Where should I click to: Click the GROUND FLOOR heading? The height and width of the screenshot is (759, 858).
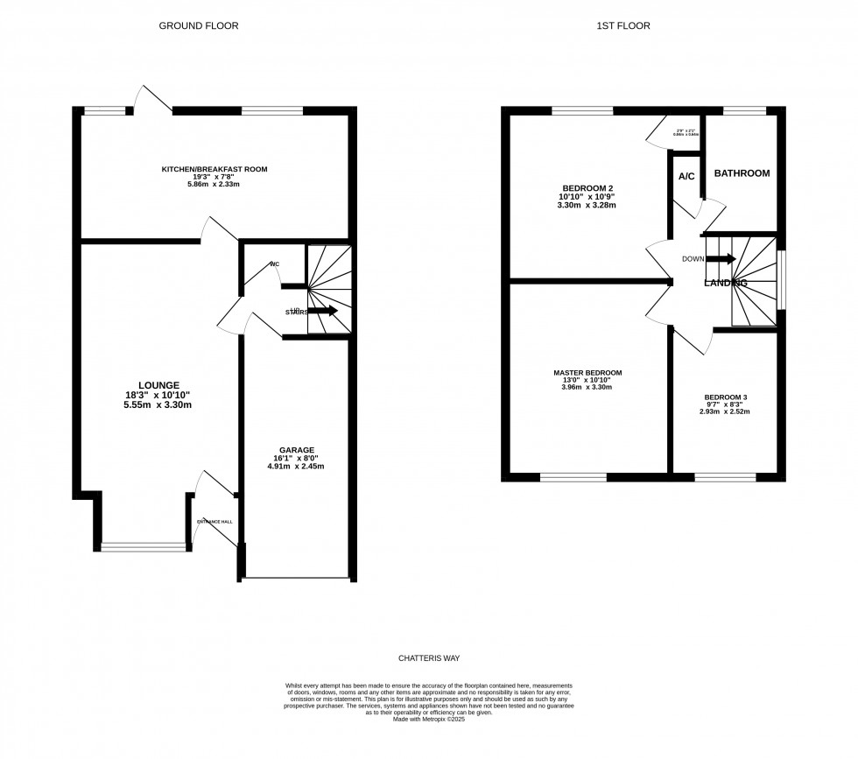point(198,26)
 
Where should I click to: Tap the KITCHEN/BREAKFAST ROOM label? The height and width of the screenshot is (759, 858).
point(214,169)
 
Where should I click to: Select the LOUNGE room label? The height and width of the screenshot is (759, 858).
point(158,385)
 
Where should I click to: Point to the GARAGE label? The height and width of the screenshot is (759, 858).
point(295,450)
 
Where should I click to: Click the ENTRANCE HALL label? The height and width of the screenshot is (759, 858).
point(214,522)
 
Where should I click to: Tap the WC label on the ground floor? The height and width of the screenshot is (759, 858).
point(275,264)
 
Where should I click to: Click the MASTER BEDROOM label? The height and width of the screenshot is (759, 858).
point(587,373)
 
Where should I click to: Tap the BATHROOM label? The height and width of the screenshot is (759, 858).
point(742,173)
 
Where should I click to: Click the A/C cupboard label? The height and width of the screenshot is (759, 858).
point(686,176)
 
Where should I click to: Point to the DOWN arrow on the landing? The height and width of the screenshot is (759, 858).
point(720,258)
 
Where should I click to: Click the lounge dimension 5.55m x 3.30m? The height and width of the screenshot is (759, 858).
point(158,404)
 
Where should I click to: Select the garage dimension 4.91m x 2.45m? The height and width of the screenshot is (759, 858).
point(295,467)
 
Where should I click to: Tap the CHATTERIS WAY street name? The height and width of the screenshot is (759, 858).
point(429,657)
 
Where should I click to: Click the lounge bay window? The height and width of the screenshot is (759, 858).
point(144,547)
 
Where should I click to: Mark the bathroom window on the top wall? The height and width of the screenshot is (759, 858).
point(744,109)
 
